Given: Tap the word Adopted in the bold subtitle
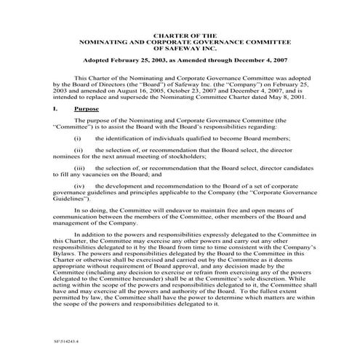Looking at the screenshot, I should coord(99,62).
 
